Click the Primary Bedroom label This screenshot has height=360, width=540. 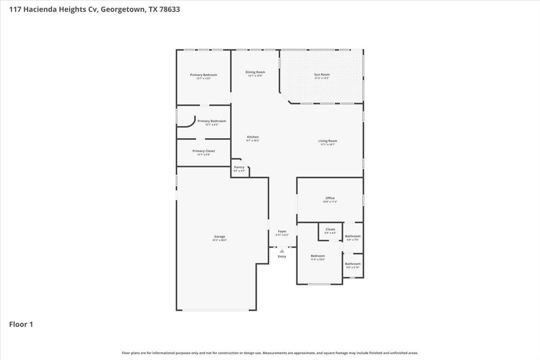(203, 75)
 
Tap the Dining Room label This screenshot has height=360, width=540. (255, 72)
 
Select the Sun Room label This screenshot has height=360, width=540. (322, 75)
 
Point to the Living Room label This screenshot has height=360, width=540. (328, 141)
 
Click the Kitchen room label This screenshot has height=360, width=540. (253, 137)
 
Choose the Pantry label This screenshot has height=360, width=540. (239, 167)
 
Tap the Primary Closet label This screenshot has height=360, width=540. (203, 151)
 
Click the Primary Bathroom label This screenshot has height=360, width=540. (211, 121)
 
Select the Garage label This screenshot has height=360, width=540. (220, 237)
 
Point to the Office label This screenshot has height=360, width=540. (330, 198)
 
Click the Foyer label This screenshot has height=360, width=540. (282, 231)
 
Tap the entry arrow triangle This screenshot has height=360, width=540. (282, 251)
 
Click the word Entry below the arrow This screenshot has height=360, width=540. (282, 256)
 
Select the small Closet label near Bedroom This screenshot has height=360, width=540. (330, 229)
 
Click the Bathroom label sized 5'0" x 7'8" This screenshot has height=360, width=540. (353, 236)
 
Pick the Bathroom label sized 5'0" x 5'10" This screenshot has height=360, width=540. (353, 264)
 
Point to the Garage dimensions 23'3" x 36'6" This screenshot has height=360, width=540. (220, 240)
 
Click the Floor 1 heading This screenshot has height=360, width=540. (21, 324)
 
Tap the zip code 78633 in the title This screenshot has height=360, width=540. (169, 9)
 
